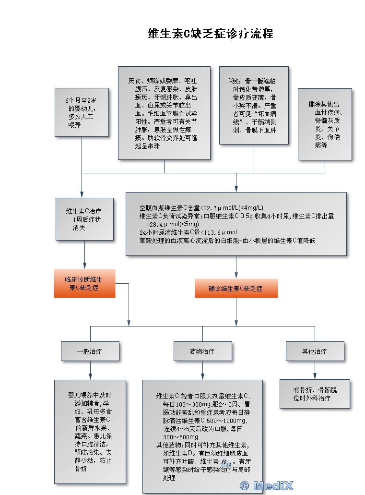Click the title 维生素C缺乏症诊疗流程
coord(211,34)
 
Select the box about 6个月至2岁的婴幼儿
coord(82,112)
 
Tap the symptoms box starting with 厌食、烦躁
coord(164,113)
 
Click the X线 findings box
coord(253,105)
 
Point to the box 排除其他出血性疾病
coord(325,124)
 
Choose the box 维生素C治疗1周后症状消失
coord(84,219)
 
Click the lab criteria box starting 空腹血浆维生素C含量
coord(235,224)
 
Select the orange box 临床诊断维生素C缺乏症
coord(84,283)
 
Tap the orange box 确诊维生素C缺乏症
coord(235,289)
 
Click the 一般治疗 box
coord(90,351)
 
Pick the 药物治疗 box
coord(202,351)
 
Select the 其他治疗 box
coord(315,351)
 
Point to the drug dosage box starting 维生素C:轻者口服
coord(202,436)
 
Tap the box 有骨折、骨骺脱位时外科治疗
coord(315,394)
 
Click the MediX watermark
coord(267,486)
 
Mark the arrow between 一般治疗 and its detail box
coord(90,371)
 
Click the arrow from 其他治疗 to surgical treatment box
coord(315,370)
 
